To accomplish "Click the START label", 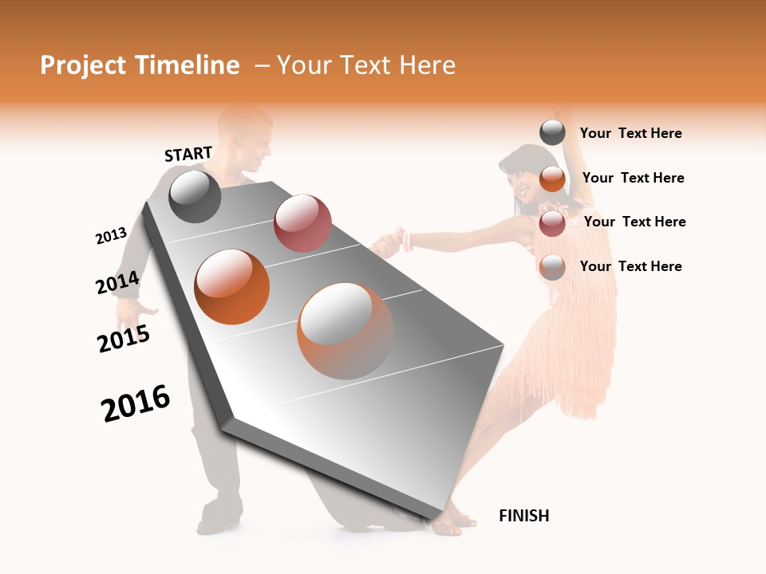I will click(x=188, y=154).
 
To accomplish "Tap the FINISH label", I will click(x=523, y=516).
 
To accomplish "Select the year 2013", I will click(x=111, y=236).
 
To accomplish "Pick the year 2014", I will click(x=118, y=283).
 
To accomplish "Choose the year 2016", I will click(x=136, y=403).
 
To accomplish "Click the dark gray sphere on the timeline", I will click(x=195, y=196).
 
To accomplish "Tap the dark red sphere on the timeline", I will click(x=302, y=222).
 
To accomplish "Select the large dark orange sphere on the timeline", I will click(x=232, y=287).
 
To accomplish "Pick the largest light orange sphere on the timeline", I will click(x=345, y=331).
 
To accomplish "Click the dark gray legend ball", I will click(x=552, y=132).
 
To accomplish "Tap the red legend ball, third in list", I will click(x=552, y=223).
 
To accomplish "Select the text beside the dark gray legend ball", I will click(x=630, y=134).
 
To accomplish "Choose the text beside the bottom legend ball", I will click(x=630, y=266).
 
